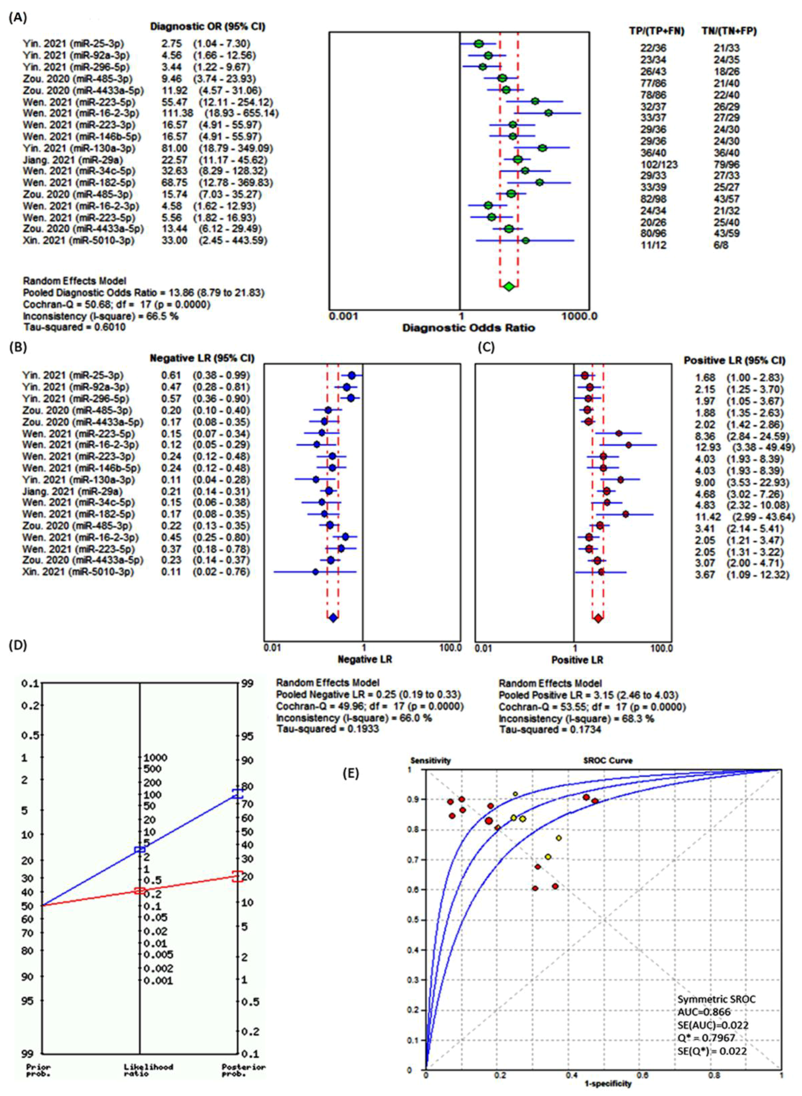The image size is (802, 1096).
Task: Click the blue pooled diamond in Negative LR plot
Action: pos(333,618)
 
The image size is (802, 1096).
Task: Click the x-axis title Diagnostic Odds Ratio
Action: pos(468,328)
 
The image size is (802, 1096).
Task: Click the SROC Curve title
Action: pos(608,761)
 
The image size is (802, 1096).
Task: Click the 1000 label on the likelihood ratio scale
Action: pos(156,758)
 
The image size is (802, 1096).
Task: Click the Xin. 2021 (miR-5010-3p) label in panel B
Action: pos(78,571)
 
